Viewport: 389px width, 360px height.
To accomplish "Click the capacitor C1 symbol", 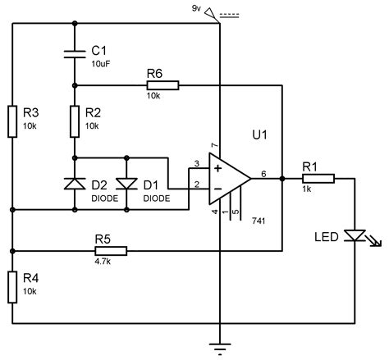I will [x=75, y=55].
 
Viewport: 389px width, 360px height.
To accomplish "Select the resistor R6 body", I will [x=160, y=84].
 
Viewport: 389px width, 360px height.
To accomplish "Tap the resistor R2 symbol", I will [x=75, y=121].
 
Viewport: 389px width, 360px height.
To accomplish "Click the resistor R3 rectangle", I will [x=13, y=121].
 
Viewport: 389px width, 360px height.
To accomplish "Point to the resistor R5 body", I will [x=103, y=248].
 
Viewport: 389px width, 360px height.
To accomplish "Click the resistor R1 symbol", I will [x=318, y=177].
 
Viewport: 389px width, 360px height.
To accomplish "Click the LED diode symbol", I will [x=355, y=236].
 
